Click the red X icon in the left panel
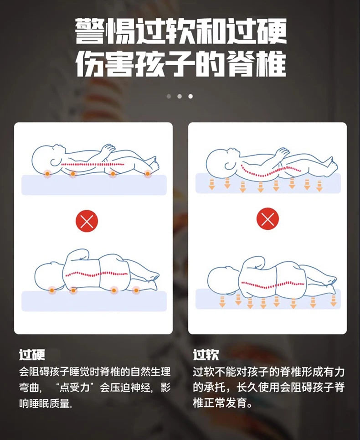(x=87, y=222)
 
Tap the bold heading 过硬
(x=32, y=355)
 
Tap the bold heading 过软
(x=206, y=355)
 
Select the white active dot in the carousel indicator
(x=190, y=96)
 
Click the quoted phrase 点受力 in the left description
(x=77, y=388)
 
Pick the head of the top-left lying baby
(x=46, y=158)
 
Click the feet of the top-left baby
(x=153, y=161)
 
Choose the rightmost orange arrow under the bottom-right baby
(x=334, y=300)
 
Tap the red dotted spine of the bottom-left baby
(x=96, y=275)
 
